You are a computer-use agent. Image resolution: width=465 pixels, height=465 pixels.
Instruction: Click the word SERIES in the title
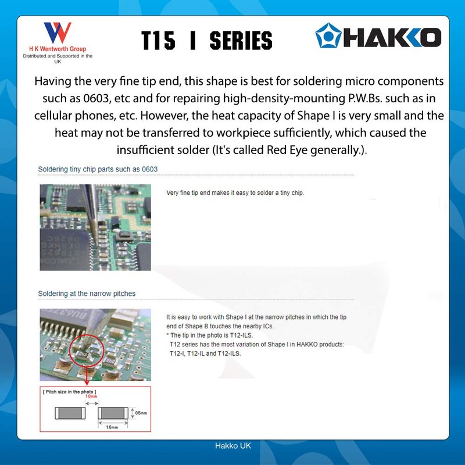[x=241, y=41]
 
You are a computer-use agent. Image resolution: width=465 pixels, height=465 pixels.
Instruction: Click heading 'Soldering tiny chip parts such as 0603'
[x=98, y=170]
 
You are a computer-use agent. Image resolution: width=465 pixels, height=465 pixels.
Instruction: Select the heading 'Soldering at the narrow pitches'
[x=87, y=294]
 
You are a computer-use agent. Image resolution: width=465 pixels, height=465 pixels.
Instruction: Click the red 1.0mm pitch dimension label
[x=91, y=396]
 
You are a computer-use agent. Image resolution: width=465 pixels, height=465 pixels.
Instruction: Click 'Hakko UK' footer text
[x=233, y=446]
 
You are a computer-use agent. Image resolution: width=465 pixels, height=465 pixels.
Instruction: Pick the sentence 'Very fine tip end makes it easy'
[x=235, y=192]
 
